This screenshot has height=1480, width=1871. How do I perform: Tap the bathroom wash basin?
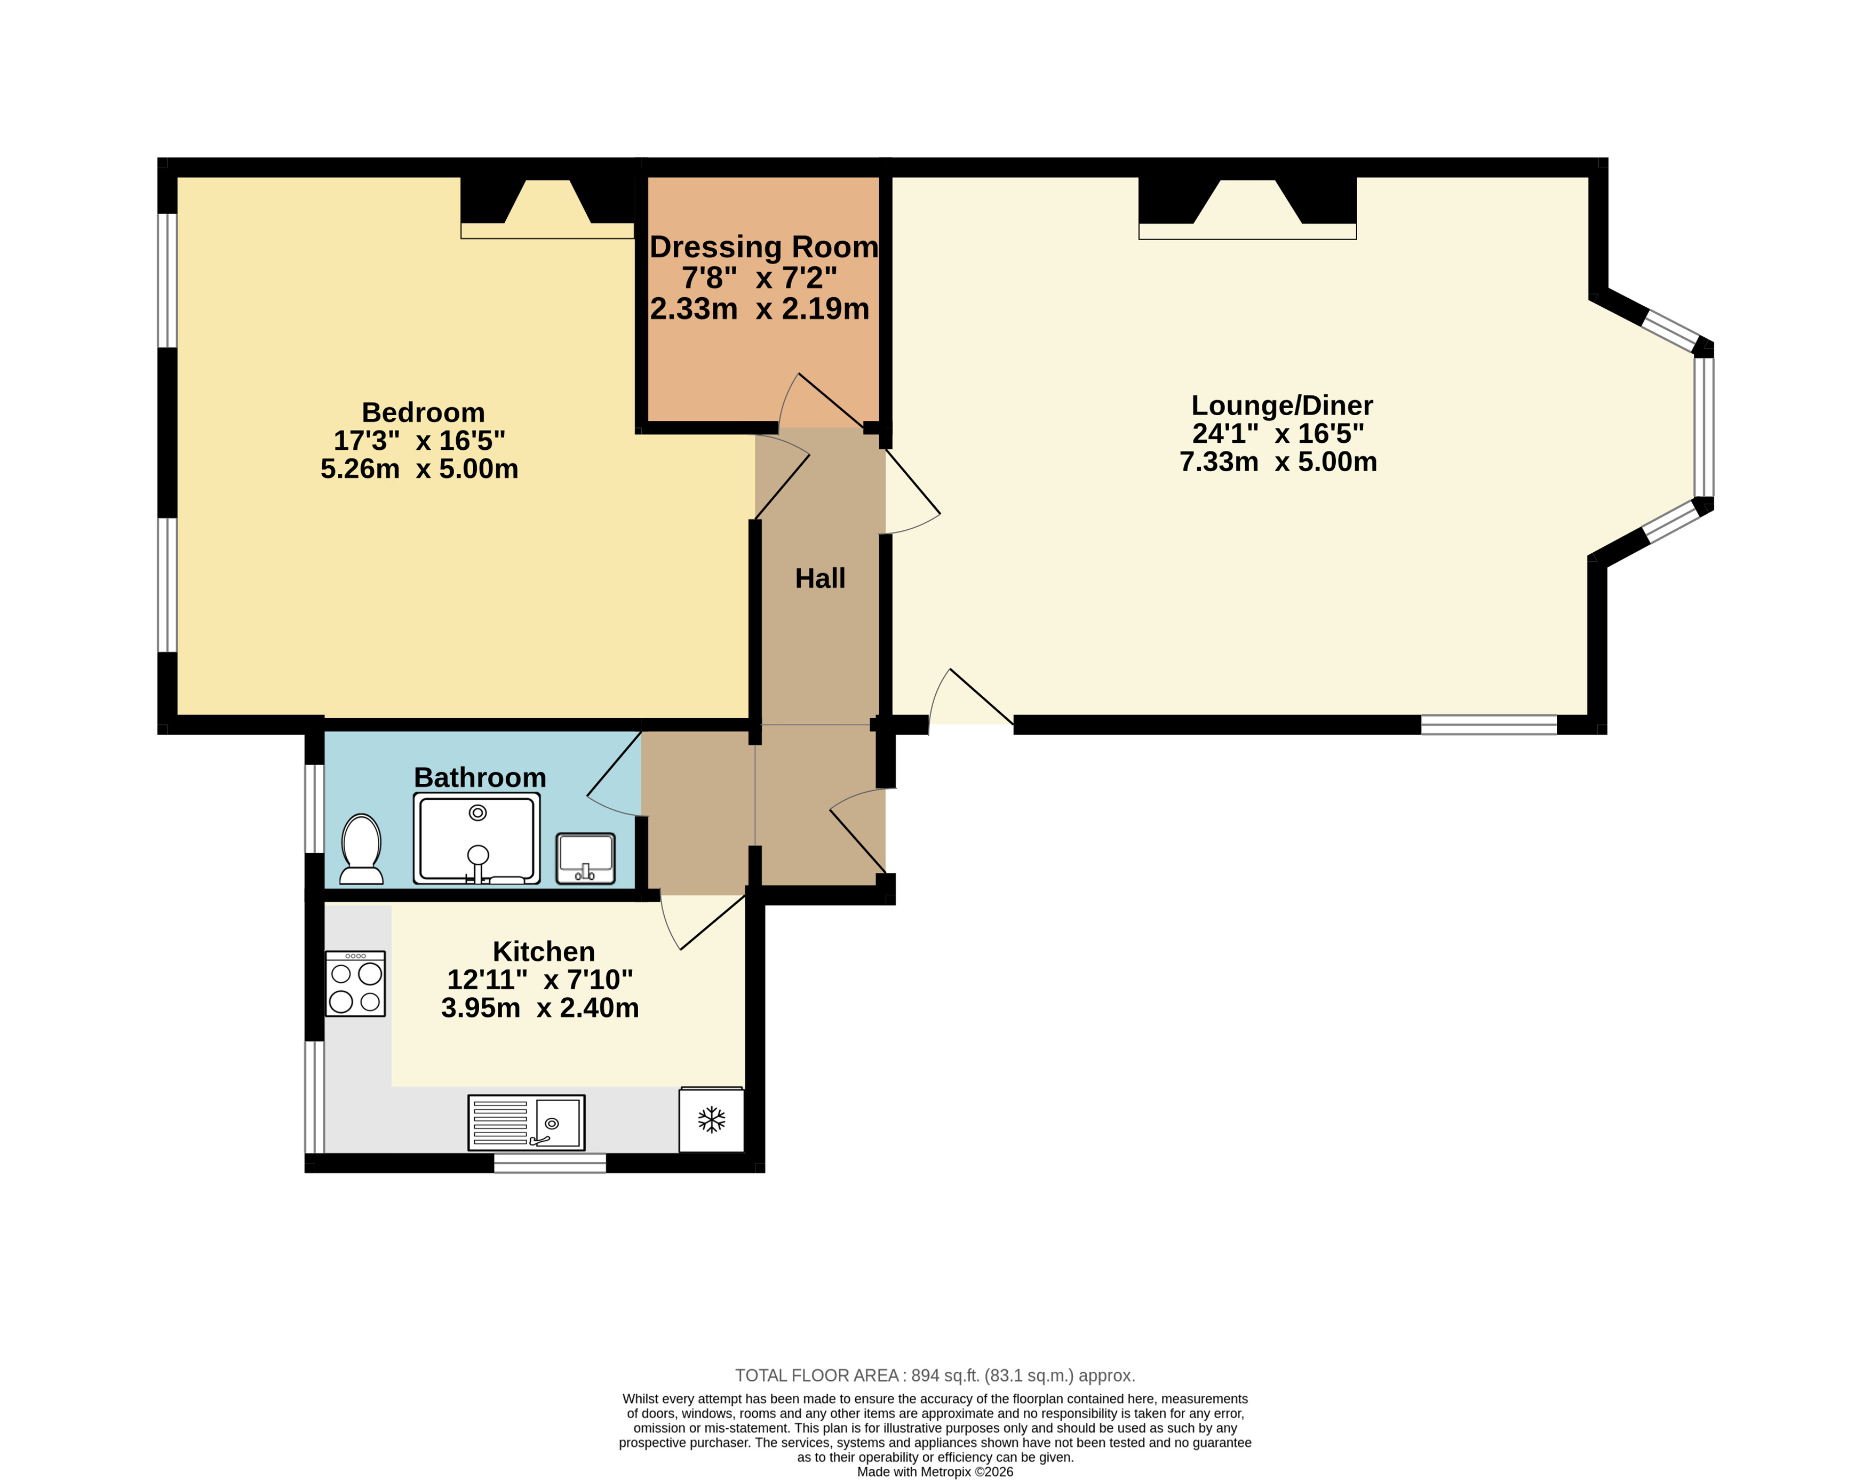click(585, 858)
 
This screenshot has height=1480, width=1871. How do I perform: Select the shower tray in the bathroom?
click(476, 838)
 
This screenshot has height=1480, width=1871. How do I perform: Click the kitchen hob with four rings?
click(355, 983)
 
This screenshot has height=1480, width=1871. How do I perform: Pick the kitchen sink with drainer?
click(526, 1122)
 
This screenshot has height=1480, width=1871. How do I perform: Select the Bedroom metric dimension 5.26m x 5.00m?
click(419, 469)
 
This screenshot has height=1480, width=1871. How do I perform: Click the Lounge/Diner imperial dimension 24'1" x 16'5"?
click(1278, 433)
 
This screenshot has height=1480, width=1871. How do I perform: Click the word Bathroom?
click(480, 777)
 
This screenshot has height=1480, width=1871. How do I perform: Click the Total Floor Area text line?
click(935, 1375)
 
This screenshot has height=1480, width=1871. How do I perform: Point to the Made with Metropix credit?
click(935, 1471)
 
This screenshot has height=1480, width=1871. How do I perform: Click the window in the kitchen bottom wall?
click(550, 1163)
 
